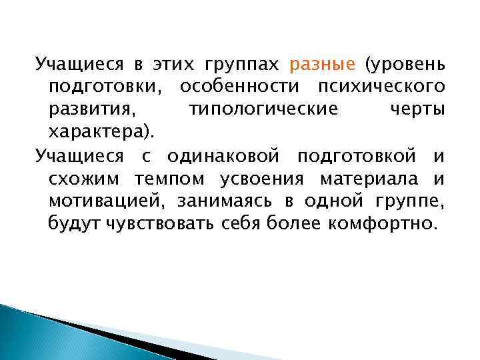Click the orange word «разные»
323,65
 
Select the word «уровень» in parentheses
409,65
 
